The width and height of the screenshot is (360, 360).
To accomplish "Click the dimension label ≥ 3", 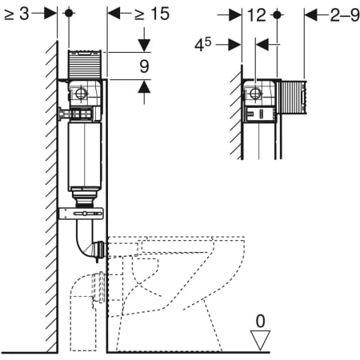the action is click(x=17, y=14).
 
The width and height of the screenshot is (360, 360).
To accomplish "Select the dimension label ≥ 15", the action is click(x=152, y=14).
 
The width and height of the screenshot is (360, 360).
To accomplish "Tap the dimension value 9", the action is click(x=144, y=66).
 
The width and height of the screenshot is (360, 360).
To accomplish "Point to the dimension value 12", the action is click(x=257, y=15).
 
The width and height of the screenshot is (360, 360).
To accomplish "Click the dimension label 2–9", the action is click(x=345, y=15).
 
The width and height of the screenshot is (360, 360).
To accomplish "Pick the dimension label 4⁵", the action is click(x=203, y=44).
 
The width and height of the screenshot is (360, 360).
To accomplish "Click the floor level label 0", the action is click(x=261, y=321).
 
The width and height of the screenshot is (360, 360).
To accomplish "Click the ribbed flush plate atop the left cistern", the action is click(x=85, y=64).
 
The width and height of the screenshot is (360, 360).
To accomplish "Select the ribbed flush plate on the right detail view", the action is click(x=292, y=97).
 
